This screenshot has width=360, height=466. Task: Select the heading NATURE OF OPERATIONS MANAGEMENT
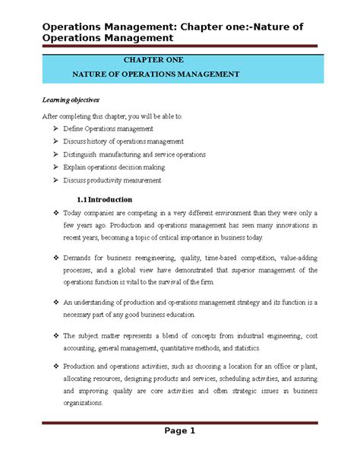[x=155, y=74]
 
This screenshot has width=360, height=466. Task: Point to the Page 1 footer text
[x=179, y=431]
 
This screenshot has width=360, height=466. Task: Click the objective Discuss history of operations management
[x=128, y=141]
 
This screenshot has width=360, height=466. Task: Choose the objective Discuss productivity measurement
[x=118, y=180]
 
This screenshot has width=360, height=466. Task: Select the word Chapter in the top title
[x=201, y=27]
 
